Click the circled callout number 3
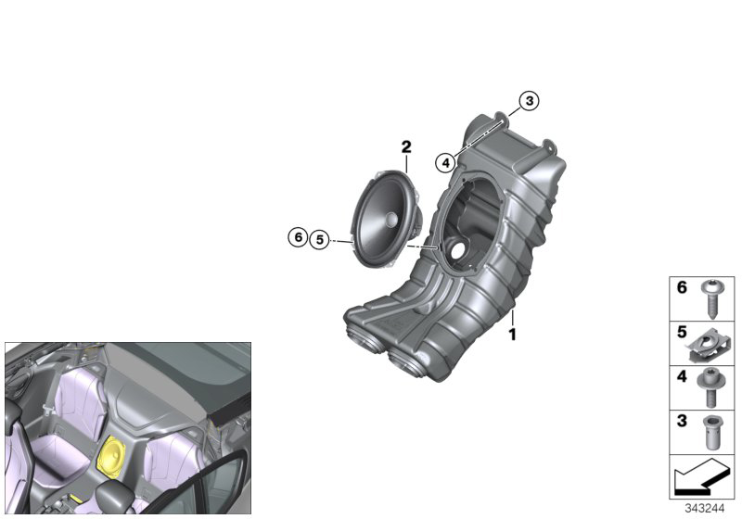click(529, 101)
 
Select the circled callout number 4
click(445, 163)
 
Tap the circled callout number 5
click(320, 240)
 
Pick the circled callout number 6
click(298, 236)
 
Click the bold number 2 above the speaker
click(406, 147)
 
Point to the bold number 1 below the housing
click(512, 335)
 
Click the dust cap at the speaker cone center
click(391, 220)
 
